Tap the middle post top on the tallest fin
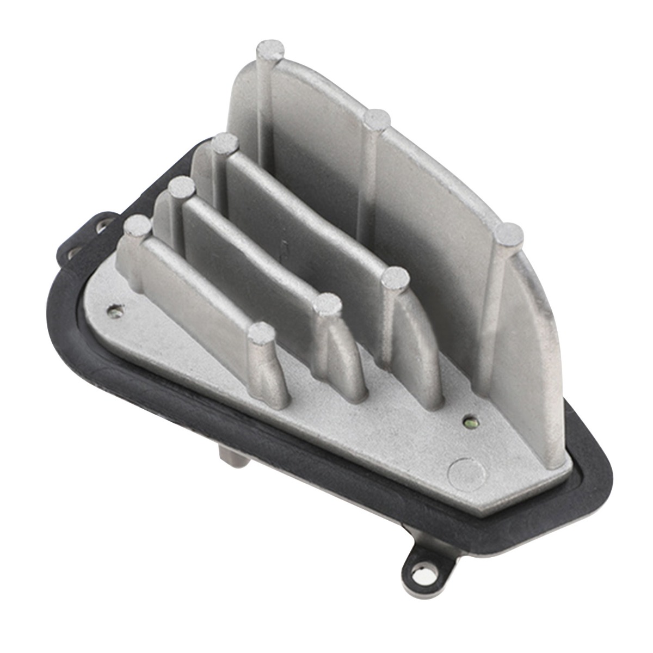click(377, 119)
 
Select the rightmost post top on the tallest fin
click(509, 235)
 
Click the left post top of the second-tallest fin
click(225, 145)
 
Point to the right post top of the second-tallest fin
click(396, 278)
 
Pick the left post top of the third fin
click(181, 189)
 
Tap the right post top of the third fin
click(327, 305)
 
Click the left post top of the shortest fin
click(137, 225)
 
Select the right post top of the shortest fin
click(262, 333)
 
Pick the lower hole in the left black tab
click(75, 251)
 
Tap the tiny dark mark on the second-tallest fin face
click(284, 245)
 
